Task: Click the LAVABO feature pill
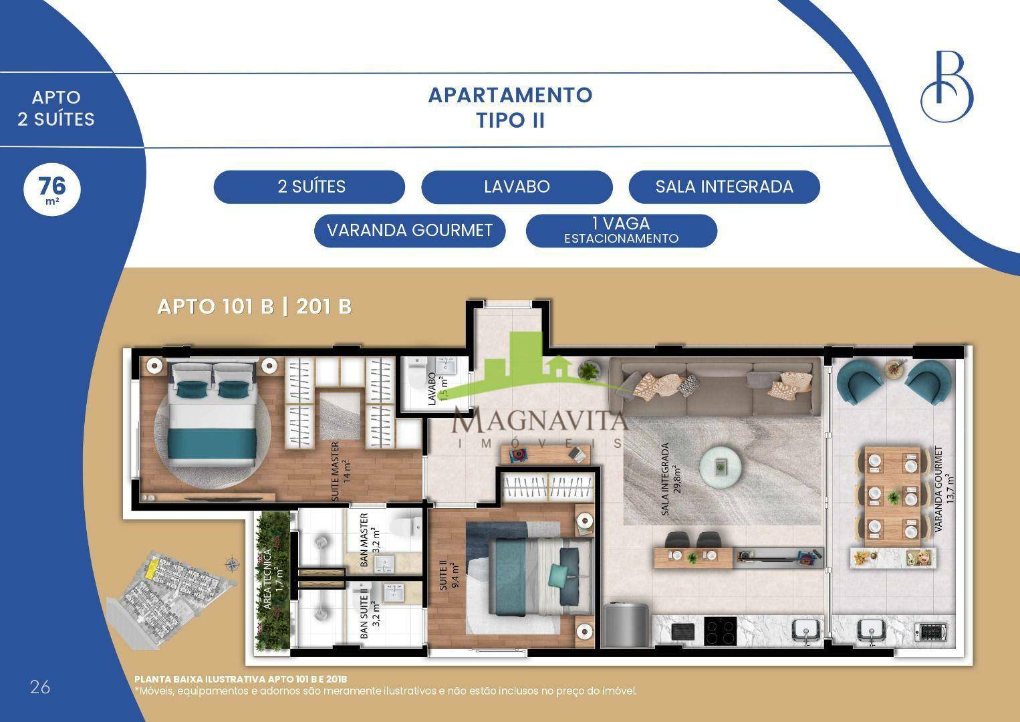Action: point(517,187)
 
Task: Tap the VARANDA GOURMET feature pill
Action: point(410,231)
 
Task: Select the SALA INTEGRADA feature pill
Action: point(724,187)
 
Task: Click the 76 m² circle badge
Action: point(52,189)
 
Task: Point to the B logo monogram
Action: point(947,86)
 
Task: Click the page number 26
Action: point(40,687)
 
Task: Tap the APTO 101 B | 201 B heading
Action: point(255,307)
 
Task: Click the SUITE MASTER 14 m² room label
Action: point(341,471)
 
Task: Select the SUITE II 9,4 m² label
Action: point(449,576)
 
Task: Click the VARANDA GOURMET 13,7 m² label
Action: point(944,489)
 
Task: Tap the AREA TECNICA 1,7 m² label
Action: point(273,578)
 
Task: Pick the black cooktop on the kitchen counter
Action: point(721,631)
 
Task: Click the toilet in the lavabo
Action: point(416,374)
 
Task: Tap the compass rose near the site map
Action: point(232,565)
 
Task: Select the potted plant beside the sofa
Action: point(589,371)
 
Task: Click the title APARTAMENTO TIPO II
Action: point(511,108)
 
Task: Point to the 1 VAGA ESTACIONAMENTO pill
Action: point(622,231)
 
